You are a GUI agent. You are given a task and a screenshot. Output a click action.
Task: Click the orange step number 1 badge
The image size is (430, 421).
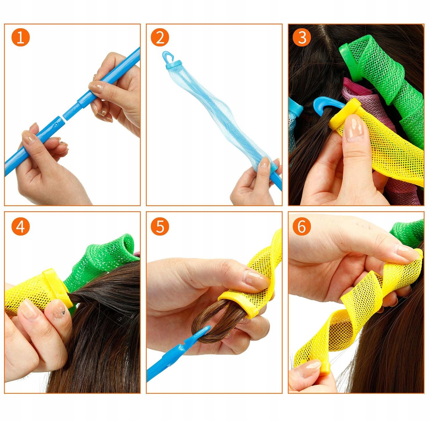click(x=21, y=37)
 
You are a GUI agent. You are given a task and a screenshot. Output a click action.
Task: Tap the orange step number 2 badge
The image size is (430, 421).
click(x=160, y=37)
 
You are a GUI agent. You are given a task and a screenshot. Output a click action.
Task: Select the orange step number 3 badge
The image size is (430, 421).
click(x=302, y=37)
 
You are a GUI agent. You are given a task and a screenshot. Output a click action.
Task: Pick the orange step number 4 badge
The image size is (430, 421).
click(x=21, y=227)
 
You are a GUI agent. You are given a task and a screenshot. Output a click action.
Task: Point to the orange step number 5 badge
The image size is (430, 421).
click(x=160, y=227)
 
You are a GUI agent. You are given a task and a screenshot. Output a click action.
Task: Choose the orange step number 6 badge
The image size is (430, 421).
click(x=302, y=227)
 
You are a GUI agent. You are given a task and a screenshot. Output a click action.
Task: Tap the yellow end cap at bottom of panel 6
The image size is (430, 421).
click(x=325, y=368)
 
